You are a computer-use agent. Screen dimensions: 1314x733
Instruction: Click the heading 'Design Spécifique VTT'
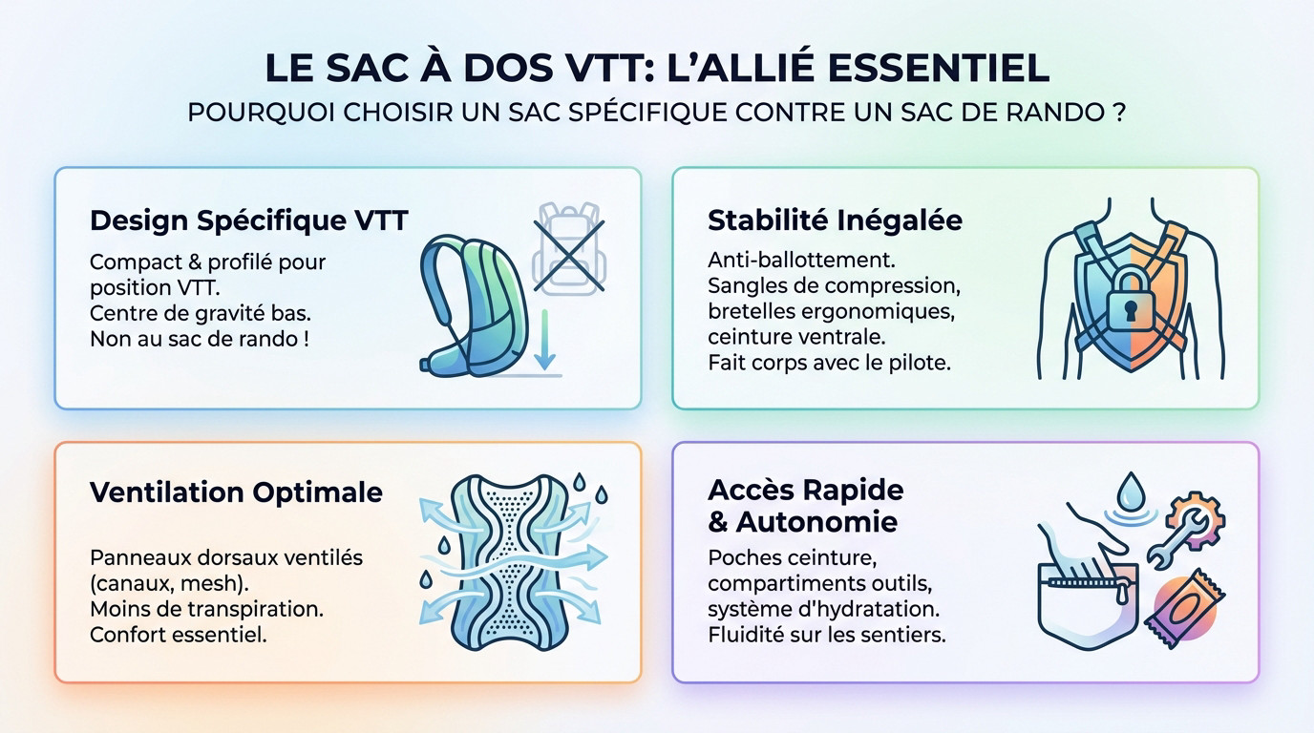click(248, 221)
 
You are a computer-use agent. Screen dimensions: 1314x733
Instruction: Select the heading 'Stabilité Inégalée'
click(835, 221)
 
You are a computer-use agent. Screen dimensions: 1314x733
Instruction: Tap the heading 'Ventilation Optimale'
click(236, 492)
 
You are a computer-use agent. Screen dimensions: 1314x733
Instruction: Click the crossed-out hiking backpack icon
click(568, 249)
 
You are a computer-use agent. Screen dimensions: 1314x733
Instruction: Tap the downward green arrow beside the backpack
click(544, 340)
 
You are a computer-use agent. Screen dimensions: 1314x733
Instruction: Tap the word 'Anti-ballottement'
click(801, 260)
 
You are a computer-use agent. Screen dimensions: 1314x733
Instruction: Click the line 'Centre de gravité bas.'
click(200, 313)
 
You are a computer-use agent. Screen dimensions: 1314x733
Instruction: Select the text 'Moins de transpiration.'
click(206, 609)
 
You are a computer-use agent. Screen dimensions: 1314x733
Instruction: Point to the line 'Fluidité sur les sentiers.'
click(827, 635)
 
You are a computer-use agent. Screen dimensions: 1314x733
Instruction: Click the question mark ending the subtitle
click(1119, 113)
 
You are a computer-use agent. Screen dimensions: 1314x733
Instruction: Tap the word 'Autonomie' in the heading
click(816, 522)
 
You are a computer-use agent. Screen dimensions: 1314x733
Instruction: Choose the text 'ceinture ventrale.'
click(796, 337)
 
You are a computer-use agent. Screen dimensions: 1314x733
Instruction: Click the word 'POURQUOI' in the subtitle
click(262, 113)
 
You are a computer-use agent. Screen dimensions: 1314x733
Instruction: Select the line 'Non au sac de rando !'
click(200, 339)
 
